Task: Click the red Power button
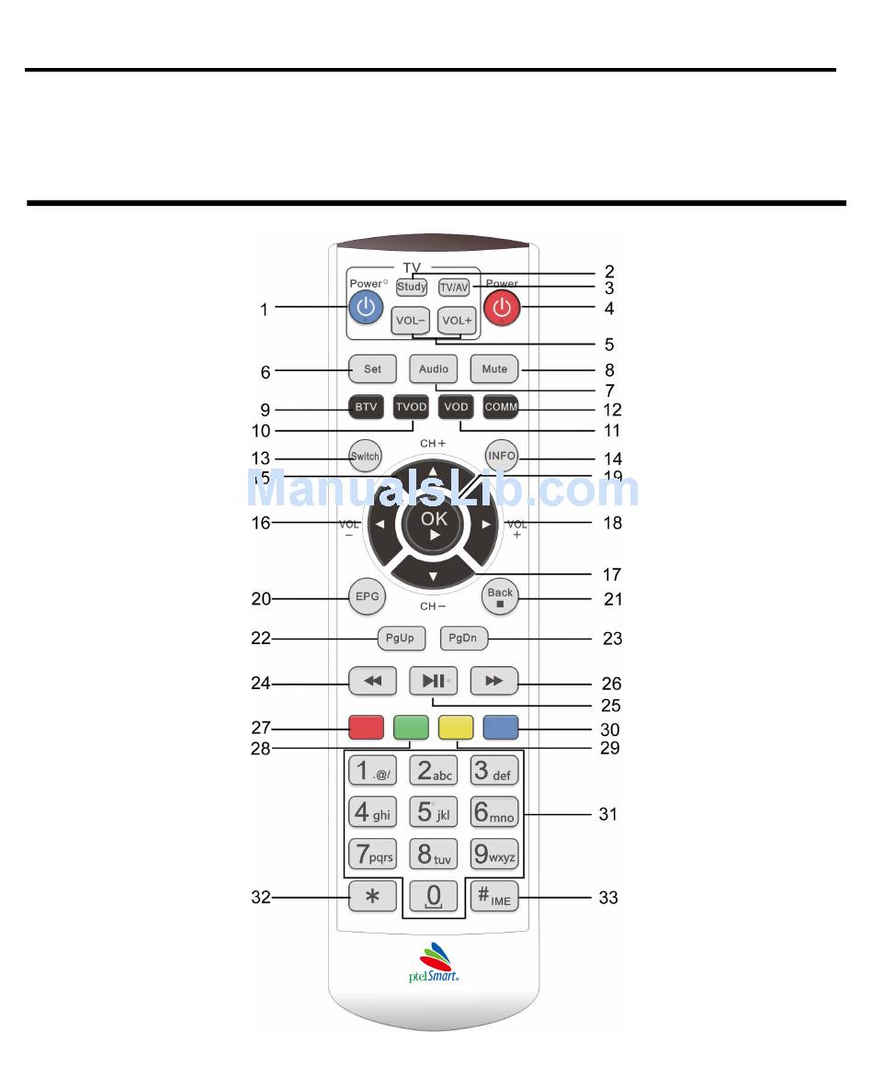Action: click(502, 309)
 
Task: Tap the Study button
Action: click(412, 287)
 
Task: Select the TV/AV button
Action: click(454, 287)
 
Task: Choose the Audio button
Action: click(434, 369)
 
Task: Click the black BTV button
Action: click(367, 407)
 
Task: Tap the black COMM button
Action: click(502, 407)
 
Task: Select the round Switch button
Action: click(365, 457)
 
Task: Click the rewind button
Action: click(373, 681)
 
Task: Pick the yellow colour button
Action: click(456, 728)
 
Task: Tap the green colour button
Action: click(410, 728)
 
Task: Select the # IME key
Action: click(494, 897)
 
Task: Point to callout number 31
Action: click(608, 814)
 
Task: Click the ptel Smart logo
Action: click(434, 963)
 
